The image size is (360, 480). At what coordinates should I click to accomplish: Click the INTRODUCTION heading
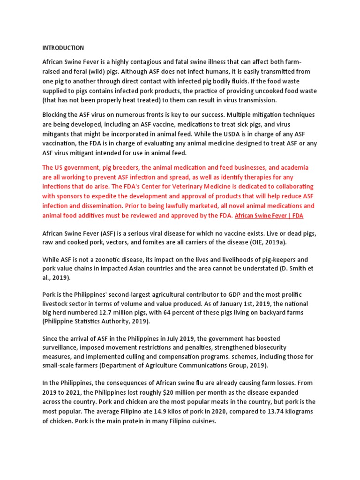tap(63, 48)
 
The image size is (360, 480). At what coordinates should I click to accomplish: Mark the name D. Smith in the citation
tap(276, 269)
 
